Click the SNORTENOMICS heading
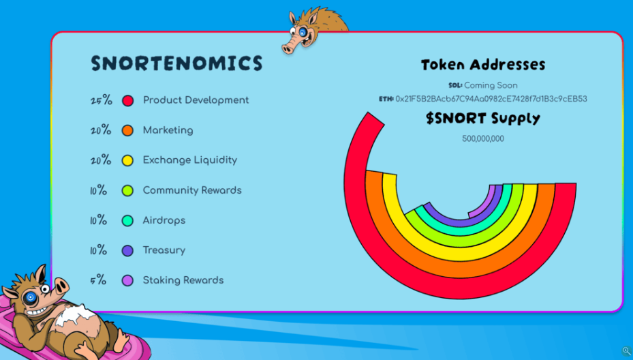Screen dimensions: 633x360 tap(177, 63)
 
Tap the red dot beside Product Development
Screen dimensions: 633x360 tap(127, 101)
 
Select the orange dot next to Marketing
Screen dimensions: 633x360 tap(127, 130)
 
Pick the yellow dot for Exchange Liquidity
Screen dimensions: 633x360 tap(127, 160)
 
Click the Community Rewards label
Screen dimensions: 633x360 tap(192, 190)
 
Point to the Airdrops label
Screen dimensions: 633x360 tap(164, 221)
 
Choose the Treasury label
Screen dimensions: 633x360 tap(164, 250)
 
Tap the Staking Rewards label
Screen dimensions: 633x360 tap(183, 280)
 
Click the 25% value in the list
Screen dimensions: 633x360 tap(102, 100)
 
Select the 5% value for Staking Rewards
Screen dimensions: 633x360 tap(98, 280)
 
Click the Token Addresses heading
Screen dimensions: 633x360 tap(483, 65)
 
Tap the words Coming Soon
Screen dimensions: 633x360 tap(491, 85)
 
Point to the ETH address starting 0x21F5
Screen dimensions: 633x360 tap(491, 99)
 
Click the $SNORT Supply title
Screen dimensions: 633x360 tap(483, 119)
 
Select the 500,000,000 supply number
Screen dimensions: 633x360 tap(483, 138)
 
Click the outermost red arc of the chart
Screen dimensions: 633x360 tap(460, 289)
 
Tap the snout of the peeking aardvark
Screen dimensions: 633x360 tap(289, 48)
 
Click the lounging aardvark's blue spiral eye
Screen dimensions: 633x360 tap(30, 298)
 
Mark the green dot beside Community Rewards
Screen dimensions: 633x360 tap(127, 190)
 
